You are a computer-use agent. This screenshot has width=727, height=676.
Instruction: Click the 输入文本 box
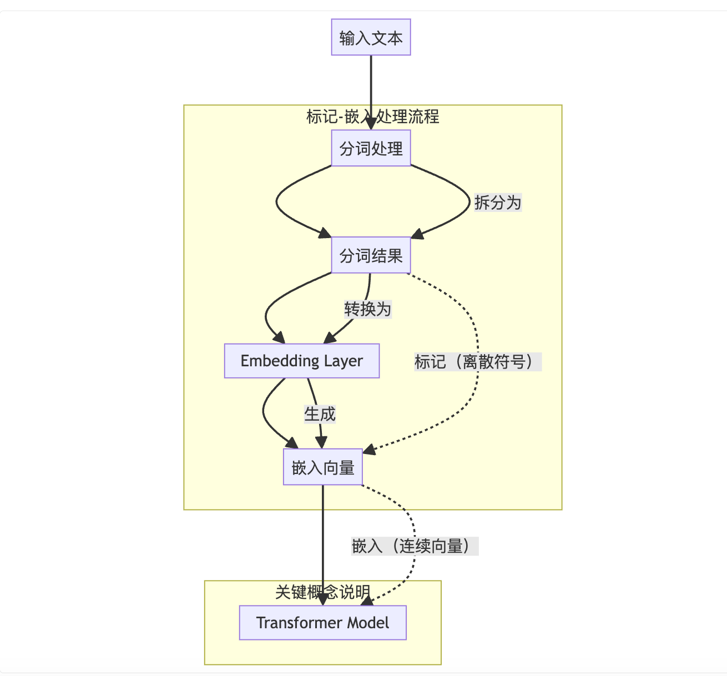coord(371,38)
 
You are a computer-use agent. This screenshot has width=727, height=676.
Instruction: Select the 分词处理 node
coord(371,148)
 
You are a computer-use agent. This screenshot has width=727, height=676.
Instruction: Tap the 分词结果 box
coord(371,255)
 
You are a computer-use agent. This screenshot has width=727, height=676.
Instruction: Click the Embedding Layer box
coord(301,361)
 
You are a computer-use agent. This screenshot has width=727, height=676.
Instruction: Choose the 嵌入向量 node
coord(322,467)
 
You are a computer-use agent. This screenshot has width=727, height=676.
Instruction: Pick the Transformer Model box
coord(322,623)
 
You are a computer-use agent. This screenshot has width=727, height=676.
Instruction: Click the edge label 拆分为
coord(498,203)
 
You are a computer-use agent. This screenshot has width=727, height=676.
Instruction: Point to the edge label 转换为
coord(367,309)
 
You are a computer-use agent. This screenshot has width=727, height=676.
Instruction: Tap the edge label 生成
coord(320,414)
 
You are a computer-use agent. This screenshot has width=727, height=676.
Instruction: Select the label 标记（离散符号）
coord(477,362)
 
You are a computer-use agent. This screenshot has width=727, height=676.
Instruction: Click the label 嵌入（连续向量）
coord(415,546)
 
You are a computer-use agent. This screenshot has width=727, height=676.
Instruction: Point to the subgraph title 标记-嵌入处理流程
coord(372,117)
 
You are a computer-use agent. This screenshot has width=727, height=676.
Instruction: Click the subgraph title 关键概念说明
coord(322,592)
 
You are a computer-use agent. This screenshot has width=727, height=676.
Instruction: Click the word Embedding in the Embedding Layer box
coord(280,361)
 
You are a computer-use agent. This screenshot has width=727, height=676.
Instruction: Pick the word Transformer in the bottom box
coord(291,623)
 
